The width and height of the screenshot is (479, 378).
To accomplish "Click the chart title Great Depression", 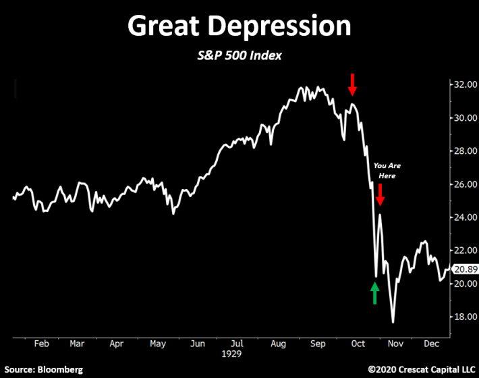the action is (x=239, y=26).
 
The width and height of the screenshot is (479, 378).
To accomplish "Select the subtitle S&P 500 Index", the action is (x=239, y=55).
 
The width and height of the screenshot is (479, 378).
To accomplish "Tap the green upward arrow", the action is (x=375, y=293).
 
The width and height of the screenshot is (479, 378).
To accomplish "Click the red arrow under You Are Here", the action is (x=381, y=194).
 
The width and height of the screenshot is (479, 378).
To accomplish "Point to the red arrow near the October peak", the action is (x=352, y=84).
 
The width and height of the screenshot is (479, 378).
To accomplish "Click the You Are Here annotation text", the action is (x=387, y=171).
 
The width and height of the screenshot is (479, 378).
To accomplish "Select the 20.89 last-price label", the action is (x=465, y=269).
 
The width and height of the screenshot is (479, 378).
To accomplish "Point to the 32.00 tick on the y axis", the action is (x=466, y=84).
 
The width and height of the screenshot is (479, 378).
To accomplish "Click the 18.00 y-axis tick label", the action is (x=466, y=317).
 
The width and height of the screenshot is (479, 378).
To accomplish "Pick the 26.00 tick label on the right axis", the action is (x=466, y=184).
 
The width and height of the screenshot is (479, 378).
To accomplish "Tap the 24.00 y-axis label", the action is (x=466, y=217).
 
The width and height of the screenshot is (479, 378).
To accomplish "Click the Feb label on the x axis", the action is (x=42, y=344).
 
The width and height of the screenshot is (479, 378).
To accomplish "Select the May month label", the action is (x=158, y=344).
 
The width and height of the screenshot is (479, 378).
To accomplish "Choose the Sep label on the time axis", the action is (x=318, y=344).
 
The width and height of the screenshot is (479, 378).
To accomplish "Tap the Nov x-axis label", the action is (x=395, y=344).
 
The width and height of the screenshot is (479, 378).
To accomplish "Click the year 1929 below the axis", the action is (x=231, y=354).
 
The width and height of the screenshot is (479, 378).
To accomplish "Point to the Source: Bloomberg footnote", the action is (x=44, y=370).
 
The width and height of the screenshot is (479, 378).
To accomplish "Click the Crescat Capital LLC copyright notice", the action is (x=422, y=370).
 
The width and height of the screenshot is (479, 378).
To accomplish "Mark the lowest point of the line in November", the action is (x=393, y=323).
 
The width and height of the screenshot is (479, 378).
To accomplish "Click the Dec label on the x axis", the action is (x=431, y=344).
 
